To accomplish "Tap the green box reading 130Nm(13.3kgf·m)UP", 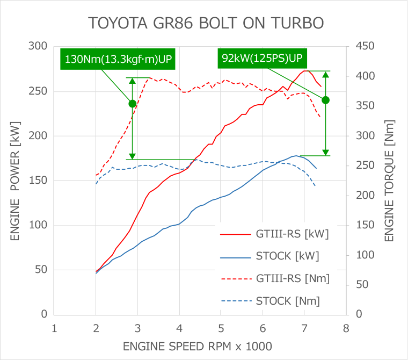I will [119, 59].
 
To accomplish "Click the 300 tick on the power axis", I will [38, 47].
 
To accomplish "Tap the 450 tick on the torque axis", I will [365, 47].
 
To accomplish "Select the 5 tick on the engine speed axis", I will [221, 328].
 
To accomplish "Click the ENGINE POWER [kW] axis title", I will [14, 180].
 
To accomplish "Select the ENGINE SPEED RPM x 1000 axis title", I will [196, 345].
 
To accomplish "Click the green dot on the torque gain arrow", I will [132, 103].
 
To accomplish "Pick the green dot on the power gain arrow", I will [325, 100].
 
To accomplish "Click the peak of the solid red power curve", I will [305, 71].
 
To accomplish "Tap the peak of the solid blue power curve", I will [296, 156].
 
